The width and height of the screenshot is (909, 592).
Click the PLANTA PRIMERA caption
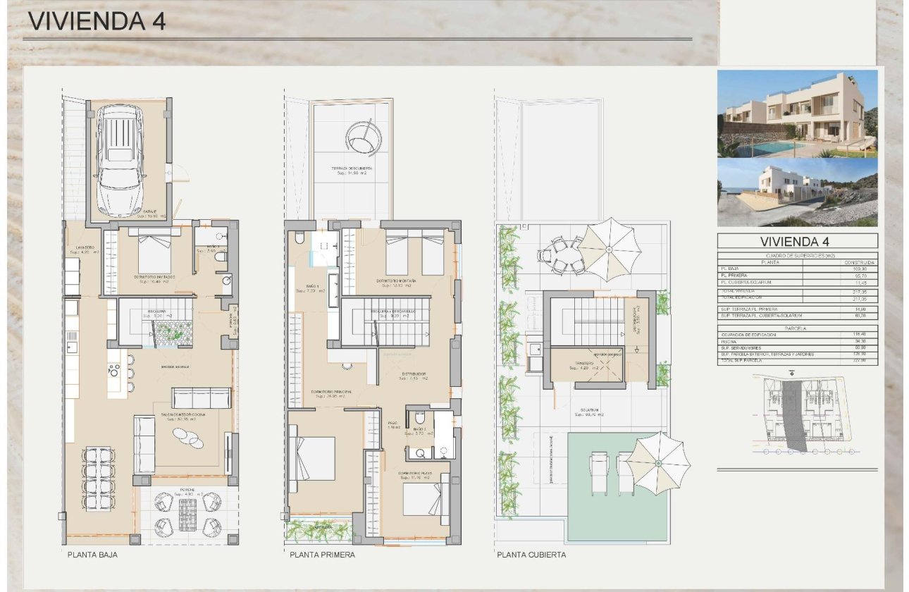click(x=322, y=555)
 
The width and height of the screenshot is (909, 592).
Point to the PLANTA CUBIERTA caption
click(x=531, y=555)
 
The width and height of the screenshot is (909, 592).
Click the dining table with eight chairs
click(x=99, y=479)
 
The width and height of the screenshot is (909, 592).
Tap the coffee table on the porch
click(x=187, y=514)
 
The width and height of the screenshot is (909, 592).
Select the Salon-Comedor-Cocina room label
click(x=183, y=417)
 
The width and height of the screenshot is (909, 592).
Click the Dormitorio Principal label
click(x=331, y=393)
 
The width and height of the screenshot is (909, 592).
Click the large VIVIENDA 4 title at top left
click(x=97, y=21)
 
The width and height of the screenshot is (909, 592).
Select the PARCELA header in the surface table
click(x=797, y=328)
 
